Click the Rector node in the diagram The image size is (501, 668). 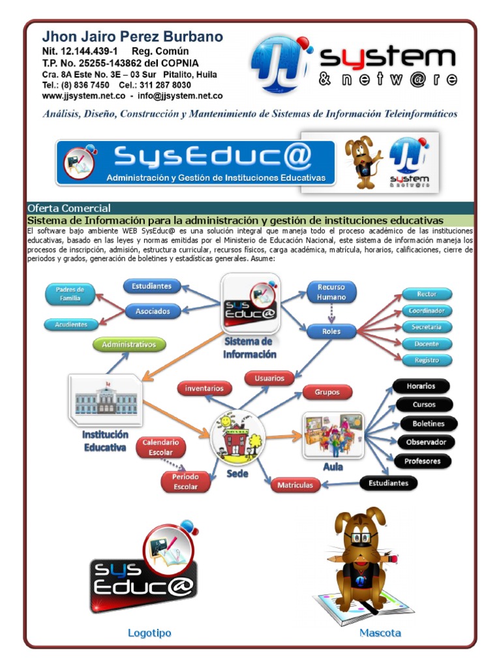point(427,294)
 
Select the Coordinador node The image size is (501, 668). point(427,311)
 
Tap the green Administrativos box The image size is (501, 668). point(129,343)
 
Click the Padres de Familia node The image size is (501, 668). point(70,294)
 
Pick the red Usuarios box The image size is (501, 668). point(269,378)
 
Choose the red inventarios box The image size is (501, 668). point(204,389)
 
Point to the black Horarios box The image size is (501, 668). point(421,386)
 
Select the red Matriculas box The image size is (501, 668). point(295,485)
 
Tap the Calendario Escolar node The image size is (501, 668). point(161,448)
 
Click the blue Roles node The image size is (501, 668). point(331,331)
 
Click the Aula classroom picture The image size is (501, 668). point(332,436)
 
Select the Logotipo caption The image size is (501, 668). point(149,633)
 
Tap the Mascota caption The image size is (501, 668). point(380,633)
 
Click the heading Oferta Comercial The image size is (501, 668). point(69,208)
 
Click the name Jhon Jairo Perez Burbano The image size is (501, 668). point(132,37)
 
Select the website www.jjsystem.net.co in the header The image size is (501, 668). point(83,95)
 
